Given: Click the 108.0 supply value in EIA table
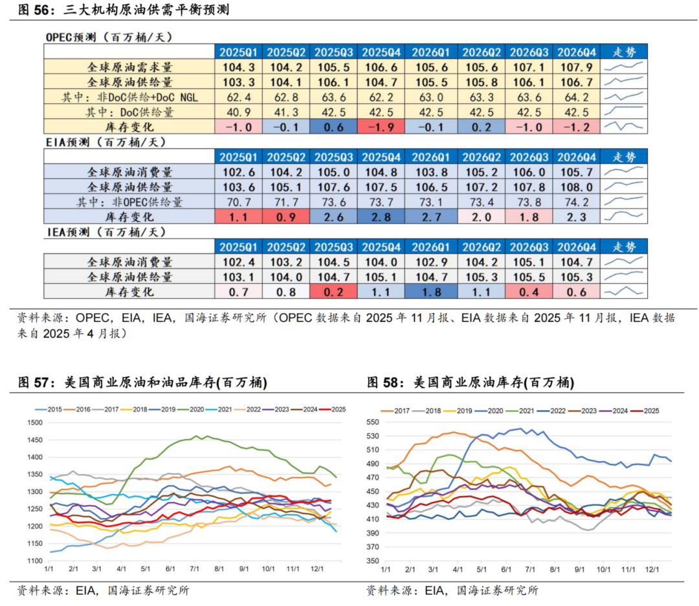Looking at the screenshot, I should point(573,187).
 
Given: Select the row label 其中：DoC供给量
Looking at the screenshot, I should point(129,112).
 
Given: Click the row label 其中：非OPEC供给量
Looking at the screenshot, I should point(129,202).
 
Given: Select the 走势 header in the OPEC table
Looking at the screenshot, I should point(624,52).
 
